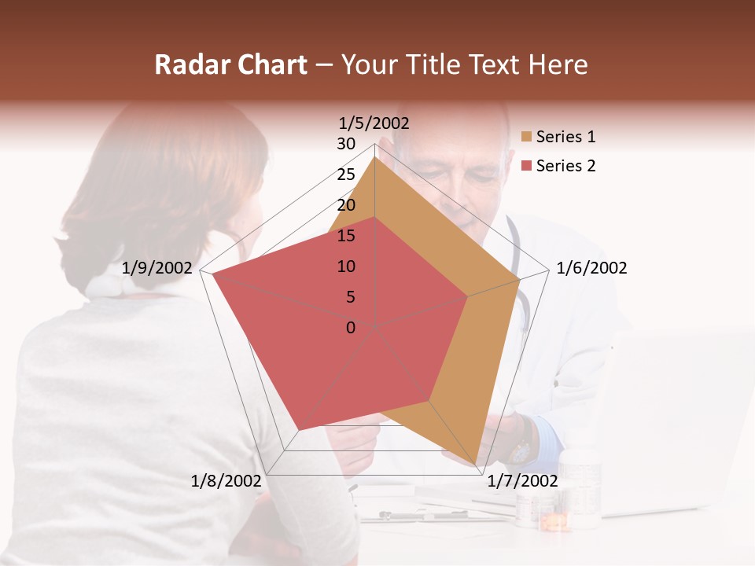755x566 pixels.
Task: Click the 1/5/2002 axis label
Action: pyautogui.click(x=374, y=123)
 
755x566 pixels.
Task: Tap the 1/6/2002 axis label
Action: pyautogui.click(x=591, y=268)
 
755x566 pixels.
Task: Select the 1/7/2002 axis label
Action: pyautogui.click(x=522, y=480)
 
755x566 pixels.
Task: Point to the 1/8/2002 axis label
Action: pyautogui.click(x=226, y=480)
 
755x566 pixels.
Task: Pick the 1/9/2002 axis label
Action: pyautogui.click(x=157, y=268)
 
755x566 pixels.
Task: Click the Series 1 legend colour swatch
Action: pyautogui.click(x=527, y=138)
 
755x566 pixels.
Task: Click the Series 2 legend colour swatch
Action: pyautogui.click(x=527, y=166)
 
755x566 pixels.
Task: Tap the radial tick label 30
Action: pyautogui.click(x=346, y=144)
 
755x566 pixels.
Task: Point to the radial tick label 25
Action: pyautogui.click(x=346, y=175)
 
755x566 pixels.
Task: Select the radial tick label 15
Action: pyautogui.click(x=346, y=236)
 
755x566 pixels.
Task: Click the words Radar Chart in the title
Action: pyautogui.click(x=230, y=64)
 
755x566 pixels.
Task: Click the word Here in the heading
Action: pyautogui.click(x=558, y=64)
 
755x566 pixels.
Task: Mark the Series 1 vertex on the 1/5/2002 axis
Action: pyautogui.click(x=374, y=157)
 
